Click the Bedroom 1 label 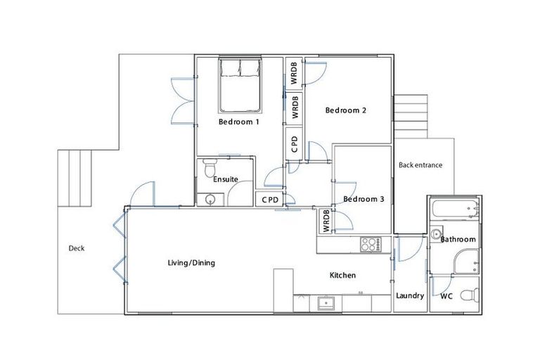[x=238, y=122]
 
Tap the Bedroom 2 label [x=345, y=110]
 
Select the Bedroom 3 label [x=364, y=199]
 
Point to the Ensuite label [x=226, y=179]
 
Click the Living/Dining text [x=191, y=263]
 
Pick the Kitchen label [x=342, y=275]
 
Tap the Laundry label [x=410, y=296]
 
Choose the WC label [x=446, y=296]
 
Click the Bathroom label [x=458, y=240]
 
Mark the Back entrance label [x=420, y=166]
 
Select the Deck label [x=77, y=247]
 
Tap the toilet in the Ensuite [x=209, y=169]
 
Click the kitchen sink [x=326, y=304]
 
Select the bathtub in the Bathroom [x=454, y=209]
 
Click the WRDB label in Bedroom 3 [x=326, y=221]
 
